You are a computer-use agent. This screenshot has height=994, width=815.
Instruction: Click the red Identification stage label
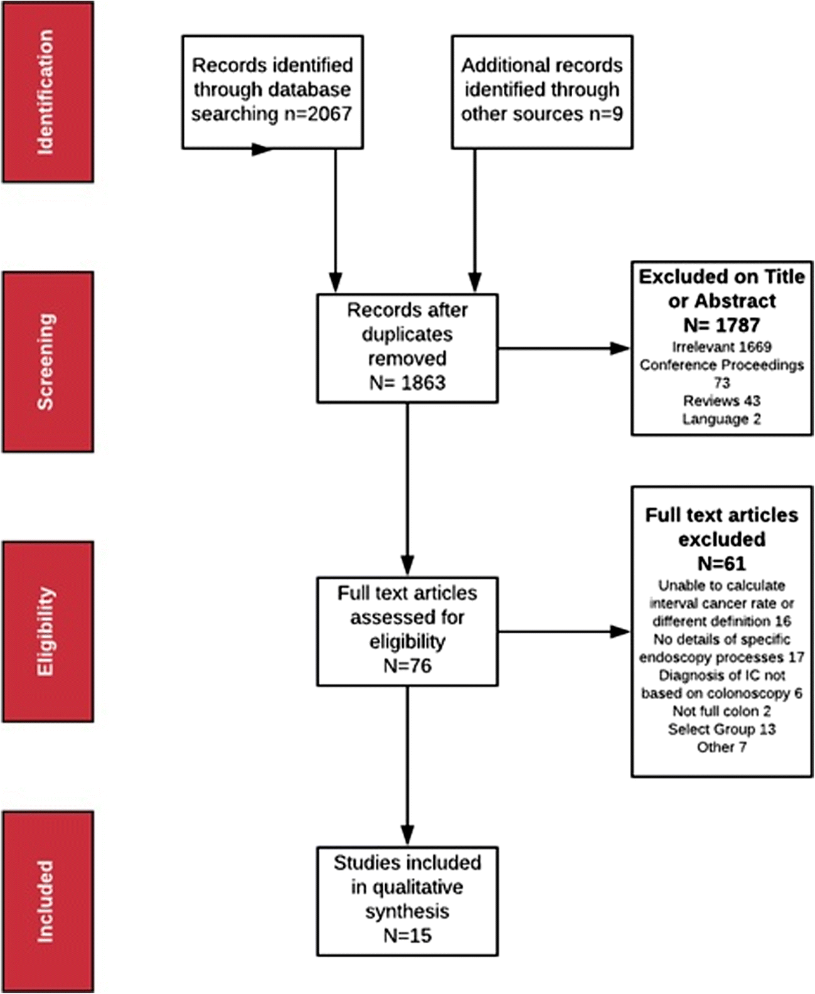point(48,92)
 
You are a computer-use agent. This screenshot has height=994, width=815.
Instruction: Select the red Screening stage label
point(48,361)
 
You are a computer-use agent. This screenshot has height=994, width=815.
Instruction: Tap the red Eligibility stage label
point(48,631)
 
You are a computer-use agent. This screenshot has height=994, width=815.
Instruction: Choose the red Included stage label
point(48,902)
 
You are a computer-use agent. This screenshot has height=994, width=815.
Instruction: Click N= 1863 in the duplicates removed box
point(407,383)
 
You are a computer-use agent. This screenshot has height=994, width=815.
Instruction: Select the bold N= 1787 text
point(722,325)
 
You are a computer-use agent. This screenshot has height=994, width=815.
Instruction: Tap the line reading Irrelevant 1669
point(722,347)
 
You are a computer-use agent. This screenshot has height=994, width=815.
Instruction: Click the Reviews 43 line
point(722,400)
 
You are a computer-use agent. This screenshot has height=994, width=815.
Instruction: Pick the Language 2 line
point(722,419)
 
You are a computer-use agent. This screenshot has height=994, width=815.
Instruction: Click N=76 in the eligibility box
point(407,666)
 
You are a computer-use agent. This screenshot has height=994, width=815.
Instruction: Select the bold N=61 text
point(722,564)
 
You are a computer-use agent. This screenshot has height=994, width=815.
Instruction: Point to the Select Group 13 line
point(722,729)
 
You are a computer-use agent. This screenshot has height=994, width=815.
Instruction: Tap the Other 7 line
point(722,747)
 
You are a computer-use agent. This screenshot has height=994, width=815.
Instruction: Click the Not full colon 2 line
point(722,711)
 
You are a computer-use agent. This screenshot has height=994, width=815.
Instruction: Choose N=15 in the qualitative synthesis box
point(407,935)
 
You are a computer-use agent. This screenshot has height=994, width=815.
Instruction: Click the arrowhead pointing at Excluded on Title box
point(620,348)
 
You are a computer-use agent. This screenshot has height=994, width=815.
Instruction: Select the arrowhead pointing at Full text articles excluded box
point(620,631)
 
